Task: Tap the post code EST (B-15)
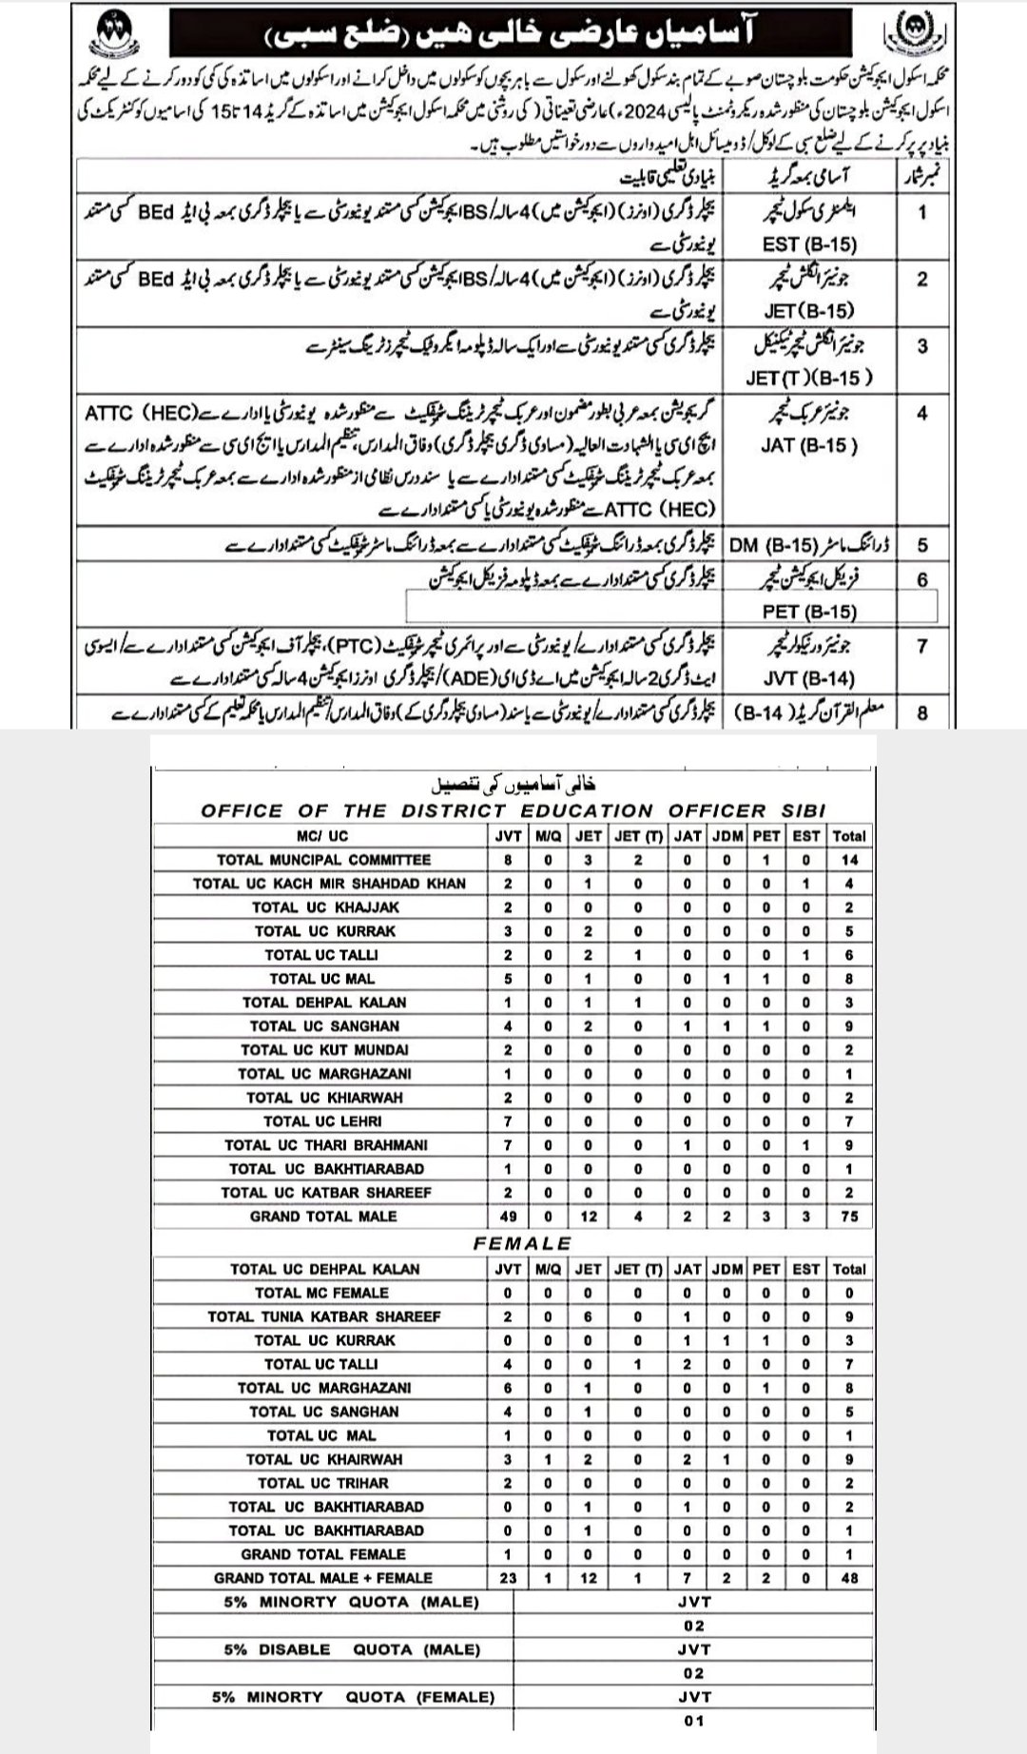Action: pyautogui.click(x=809, y=244)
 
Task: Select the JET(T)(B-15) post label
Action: pyautogui.click(x=808, y=379)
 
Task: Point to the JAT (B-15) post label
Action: pyautogui.click(x=809, y=445)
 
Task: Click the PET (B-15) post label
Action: pyautogui.click(x=809, y=612)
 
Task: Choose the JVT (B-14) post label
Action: pyautogui.click(x=809, y=678)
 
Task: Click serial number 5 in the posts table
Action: pyautogui.click(x=921, y=545)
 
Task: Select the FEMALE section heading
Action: pyautogui.click(x=522, y=1243)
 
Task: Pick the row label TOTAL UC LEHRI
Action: pyautogui.click(x=323, y=1121)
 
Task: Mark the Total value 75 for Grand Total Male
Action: pyautogui.click(x=848, y=1217)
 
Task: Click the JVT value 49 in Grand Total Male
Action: pyautogui.click(x=508, y=1217)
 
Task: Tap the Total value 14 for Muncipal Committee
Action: pyautogui.click(x=848, y=860)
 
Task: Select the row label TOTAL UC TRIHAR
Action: pyautogui.click(x=323, y=1483)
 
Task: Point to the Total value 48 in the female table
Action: pyautogui.click(x=848, y=1578)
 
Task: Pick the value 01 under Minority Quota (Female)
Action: pyautogui.click(x=693, y=1721)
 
